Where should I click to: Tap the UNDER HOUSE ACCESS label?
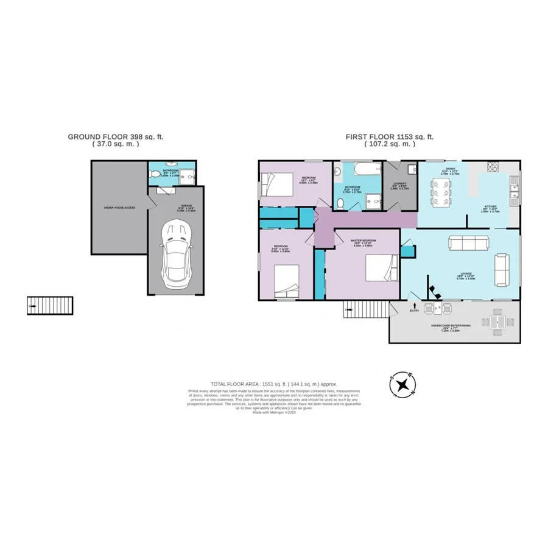(119, 208)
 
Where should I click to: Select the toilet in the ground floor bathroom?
(156, 175)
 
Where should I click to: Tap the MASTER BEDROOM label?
(363, 241)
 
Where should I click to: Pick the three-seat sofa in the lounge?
(468, 244)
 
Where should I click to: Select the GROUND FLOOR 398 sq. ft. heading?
(116, 138)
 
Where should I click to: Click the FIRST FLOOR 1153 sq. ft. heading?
(390, 138)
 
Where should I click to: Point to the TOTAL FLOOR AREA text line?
(273, 384)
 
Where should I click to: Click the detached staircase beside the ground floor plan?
(50, 306)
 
